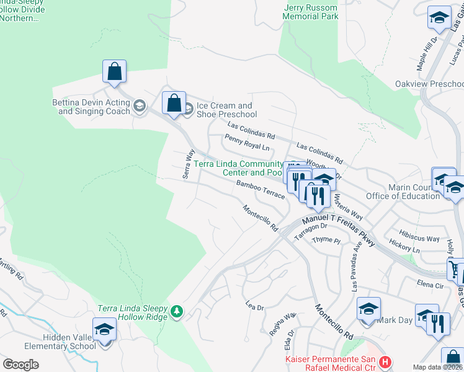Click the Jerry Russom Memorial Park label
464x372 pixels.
coord(311,12)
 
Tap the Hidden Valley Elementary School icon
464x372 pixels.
coord(104,329)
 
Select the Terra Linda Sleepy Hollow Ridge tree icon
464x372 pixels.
coord(177,310)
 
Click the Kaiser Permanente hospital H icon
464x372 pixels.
coord(385,361)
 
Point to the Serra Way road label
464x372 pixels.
coord(189,164)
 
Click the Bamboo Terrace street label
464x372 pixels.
coord(261,190)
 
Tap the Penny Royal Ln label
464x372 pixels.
coord(247,143)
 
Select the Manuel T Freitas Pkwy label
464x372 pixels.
coord(339,229)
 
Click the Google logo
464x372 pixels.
coord(20,365)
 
